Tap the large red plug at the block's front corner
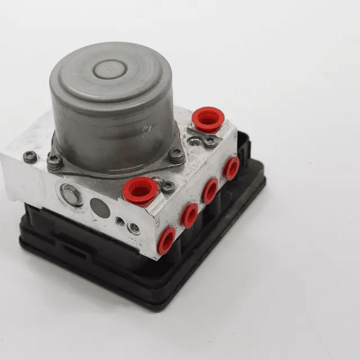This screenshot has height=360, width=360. coord(140,191)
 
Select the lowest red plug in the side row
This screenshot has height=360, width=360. coord(166,239)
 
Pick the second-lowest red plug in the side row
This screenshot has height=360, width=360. coord(190,215)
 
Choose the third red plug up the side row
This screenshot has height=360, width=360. coord(210,190)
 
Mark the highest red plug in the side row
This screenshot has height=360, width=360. coord(231,168)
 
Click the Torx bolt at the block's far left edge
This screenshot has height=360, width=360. coord(29,157)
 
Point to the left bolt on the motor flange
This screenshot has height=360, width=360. coord(55,161)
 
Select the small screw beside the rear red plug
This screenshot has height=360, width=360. coord(210,142)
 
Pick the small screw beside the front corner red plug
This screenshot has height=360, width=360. coord(167,187)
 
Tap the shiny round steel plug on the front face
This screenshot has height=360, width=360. coord(71,194)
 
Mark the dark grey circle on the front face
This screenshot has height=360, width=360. coord(100,208)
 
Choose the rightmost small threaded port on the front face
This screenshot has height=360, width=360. coord(134,228)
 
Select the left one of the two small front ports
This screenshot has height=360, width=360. coord(121,221)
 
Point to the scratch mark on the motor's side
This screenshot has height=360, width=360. coord(146,128)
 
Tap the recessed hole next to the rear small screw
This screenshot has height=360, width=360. coord(195,142)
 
